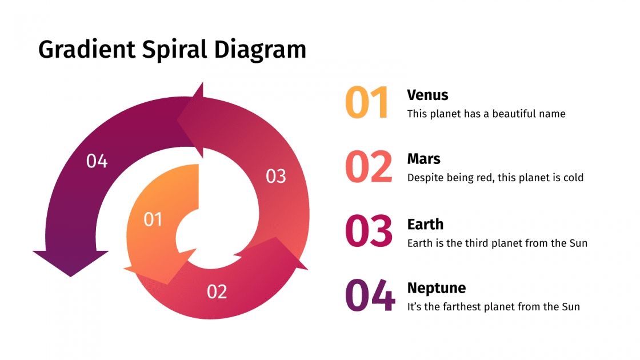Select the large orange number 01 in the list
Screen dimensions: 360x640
click(x=367, y=103)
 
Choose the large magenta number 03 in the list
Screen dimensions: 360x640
click(x=369, y=231)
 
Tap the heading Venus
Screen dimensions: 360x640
click(x=427, y=95)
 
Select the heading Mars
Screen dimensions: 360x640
click(x=423, y=158)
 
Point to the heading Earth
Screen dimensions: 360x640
click(x=425, y=223)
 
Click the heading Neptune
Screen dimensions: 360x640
click(x=436, y=287)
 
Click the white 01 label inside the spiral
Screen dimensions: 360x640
click(x=153, y=219)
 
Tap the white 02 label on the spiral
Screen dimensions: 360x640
click(x=217, y=292)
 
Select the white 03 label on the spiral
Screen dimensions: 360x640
click(x=276, y=177)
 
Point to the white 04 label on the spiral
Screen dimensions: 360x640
click(x=97, y=162)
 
